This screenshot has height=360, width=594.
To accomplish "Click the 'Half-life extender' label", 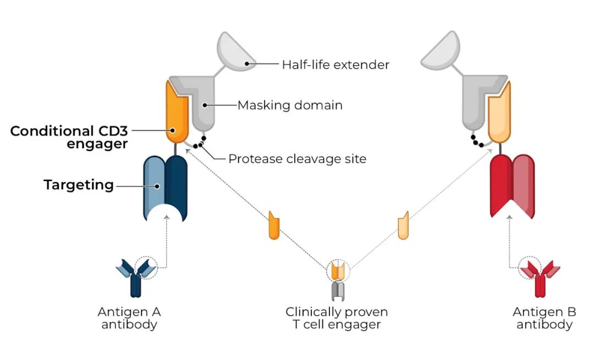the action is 335,64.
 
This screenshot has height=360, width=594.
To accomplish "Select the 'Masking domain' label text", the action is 290,105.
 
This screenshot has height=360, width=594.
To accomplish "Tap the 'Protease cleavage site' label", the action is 298,159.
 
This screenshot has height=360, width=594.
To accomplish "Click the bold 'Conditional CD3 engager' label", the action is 69,137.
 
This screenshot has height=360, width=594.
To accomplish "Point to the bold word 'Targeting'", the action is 79,185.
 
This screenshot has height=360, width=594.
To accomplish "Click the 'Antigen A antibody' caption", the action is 129,318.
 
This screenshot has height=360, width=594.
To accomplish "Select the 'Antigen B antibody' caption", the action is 544,318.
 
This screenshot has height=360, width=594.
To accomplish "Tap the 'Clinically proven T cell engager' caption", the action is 337,318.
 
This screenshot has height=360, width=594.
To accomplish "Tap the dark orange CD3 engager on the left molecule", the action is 177,112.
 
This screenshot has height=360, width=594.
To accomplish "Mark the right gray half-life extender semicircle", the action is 441,51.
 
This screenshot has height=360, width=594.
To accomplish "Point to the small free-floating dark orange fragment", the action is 274,226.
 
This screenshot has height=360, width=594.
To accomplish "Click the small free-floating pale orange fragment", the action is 404,226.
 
